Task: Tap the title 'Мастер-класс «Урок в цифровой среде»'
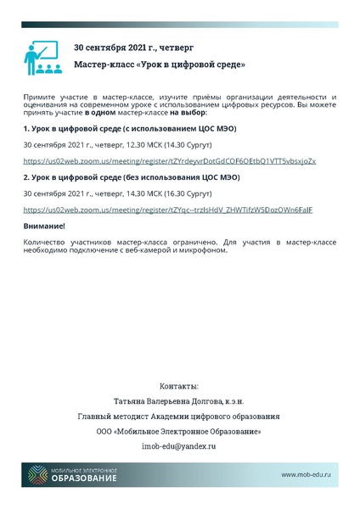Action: [160, 64]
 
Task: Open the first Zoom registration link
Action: [169, 161]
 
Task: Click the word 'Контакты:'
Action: [178, 385]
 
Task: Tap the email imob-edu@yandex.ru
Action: [178, 445]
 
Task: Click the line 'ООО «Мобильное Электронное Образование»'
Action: [178, 431]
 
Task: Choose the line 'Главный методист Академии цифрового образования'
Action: [178, 416]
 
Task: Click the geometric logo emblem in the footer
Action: [36, 477]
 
